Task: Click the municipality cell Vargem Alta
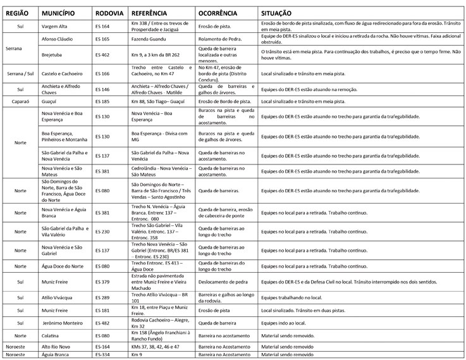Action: click(x=56, y=26)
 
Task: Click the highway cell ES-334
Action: click(x=102, y=356)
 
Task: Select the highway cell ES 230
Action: click(x=102, y=232)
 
